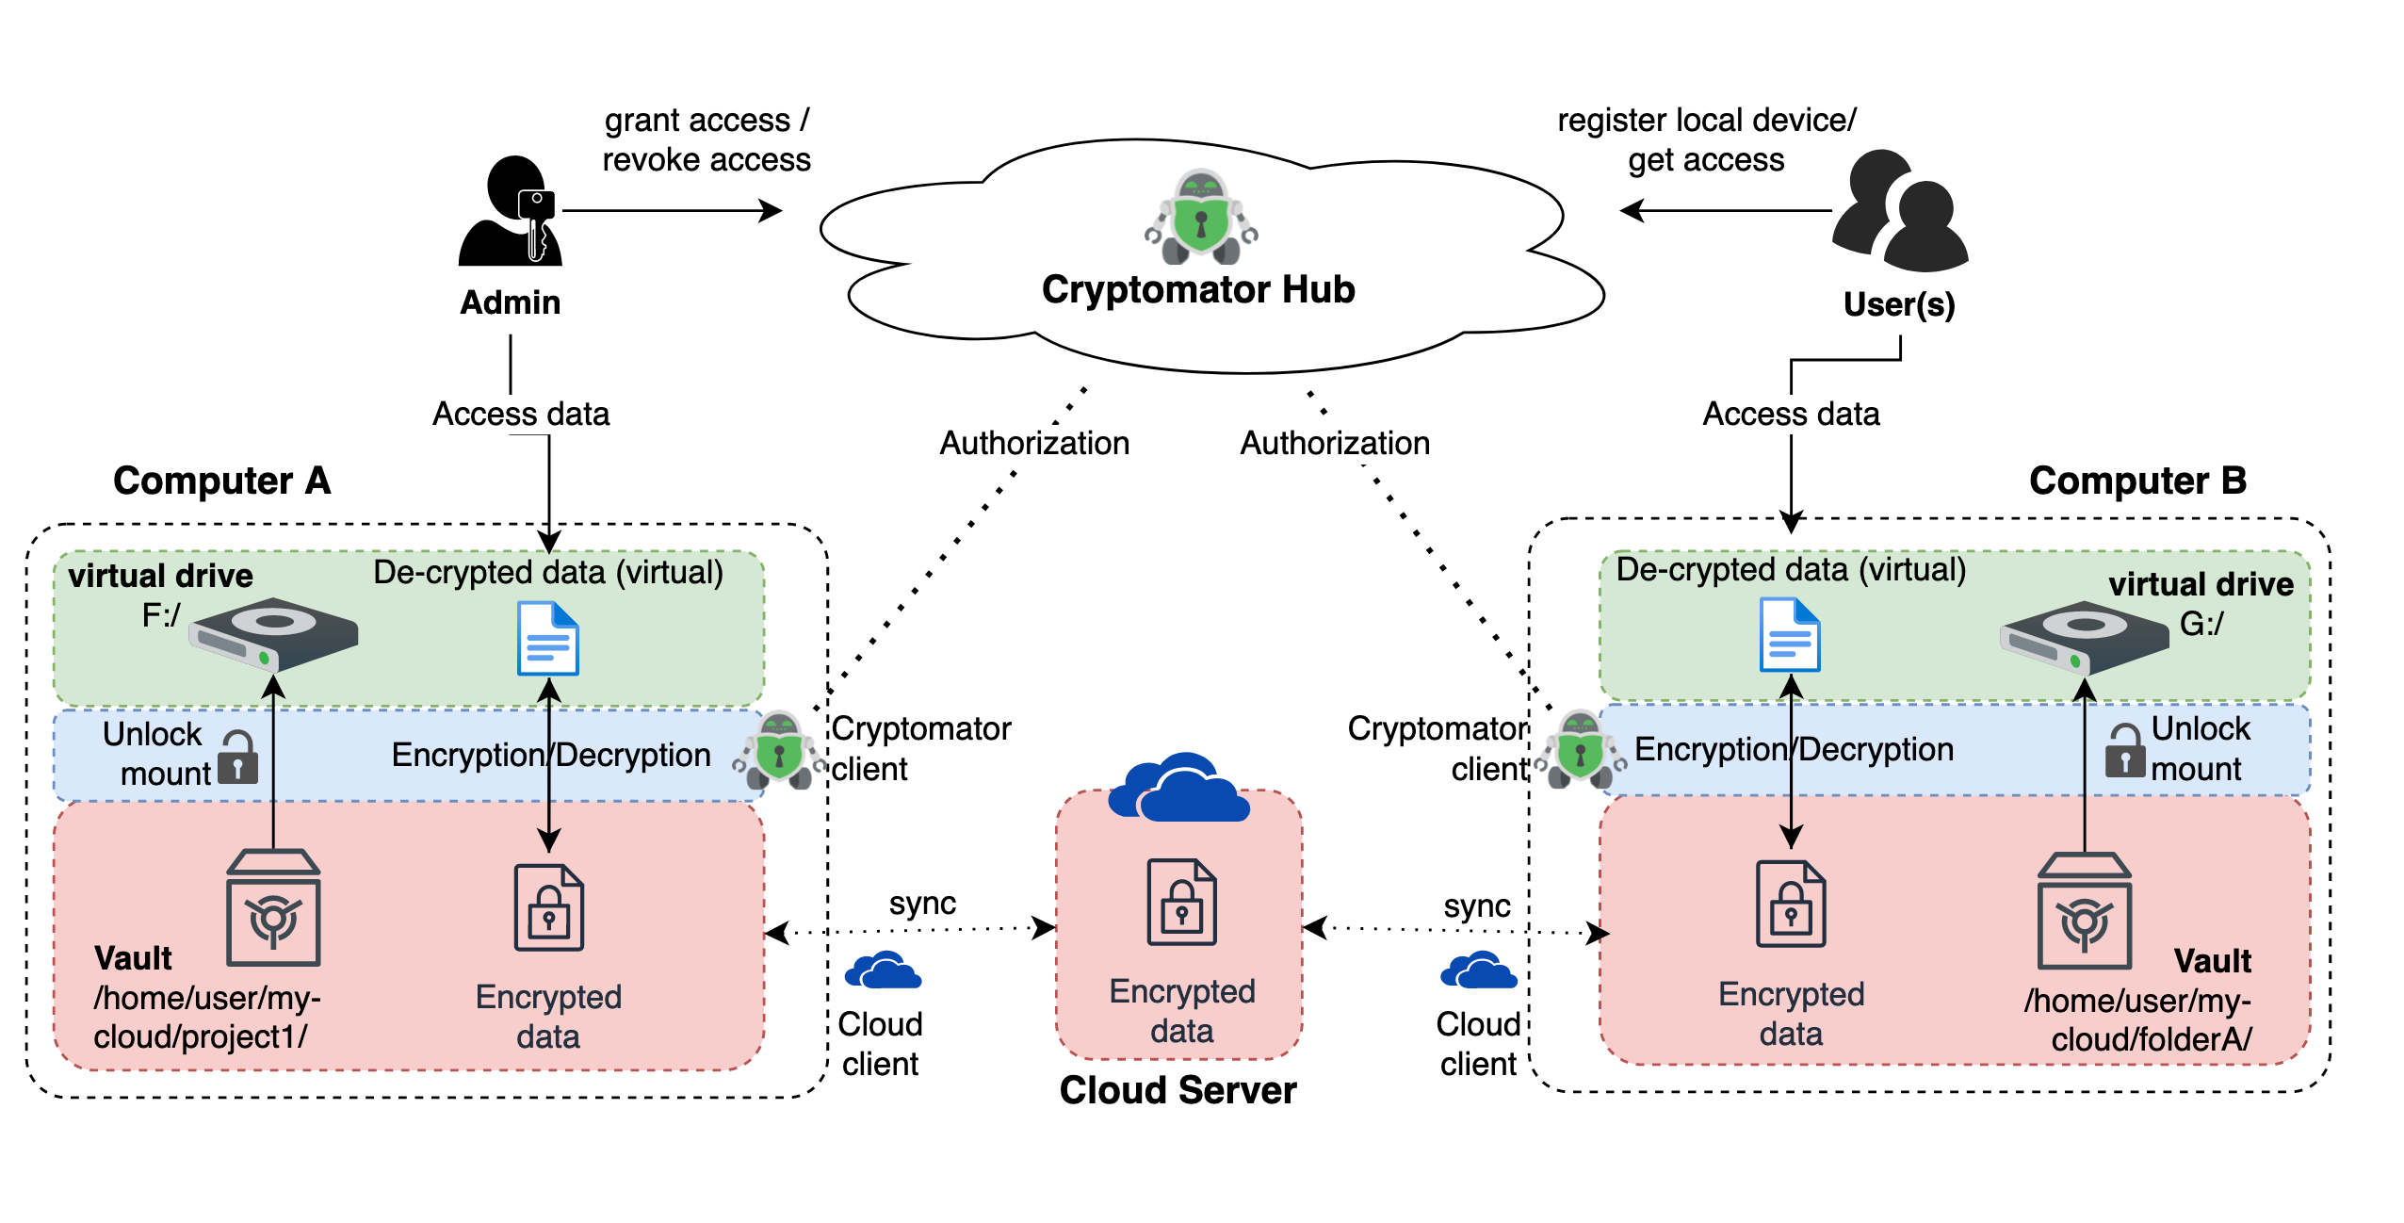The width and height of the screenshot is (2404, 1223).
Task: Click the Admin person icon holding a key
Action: pyautogui.click(x=510, y=211)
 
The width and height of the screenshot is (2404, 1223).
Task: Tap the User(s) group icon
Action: pyautogui.click(x=1899, y=211)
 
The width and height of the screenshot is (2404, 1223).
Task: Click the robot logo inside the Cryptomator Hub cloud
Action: pyautogui.click(x=1200, y=218)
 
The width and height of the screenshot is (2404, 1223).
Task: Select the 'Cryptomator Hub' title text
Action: pyautogui.click(x=1198, y=289)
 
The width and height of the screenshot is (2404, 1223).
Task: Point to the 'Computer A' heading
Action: pyautogui.click(x=222, y=481)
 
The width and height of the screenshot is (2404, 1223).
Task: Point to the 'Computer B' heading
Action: pyautogui.click(x=2137, y=481)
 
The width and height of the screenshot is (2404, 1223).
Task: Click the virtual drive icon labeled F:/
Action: pyautogui.click(x=273, y=633)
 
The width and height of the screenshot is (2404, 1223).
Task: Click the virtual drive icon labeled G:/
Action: pyautogui.click(x=2084, y=637)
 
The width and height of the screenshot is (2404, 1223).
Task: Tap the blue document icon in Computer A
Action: pyautogui.click(x=548, y=640)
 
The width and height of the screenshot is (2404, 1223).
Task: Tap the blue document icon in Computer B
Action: pyautogui.click(x=1790, y=635)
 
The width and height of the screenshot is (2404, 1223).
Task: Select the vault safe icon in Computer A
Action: pyautogui.click(x=273, y=908)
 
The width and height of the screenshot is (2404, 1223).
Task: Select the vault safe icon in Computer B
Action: pyautogui.click(x=2084, y=911)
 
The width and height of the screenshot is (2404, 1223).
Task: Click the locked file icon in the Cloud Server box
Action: pyautogui.click(x=1181, y=903)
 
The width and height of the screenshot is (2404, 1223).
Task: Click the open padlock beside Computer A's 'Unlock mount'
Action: pyautogui.click(x=237, y=758)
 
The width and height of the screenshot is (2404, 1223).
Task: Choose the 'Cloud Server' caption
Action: pyautogui.click(x=1178, y=1090)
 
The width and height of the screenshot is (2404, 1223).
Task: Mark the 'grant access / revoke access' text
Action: pyautogui.click(x=707, y=140)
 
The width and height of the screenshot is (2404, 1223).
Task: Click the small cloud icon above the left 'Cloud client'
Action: pyautogui.click(x=883, y=970)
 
